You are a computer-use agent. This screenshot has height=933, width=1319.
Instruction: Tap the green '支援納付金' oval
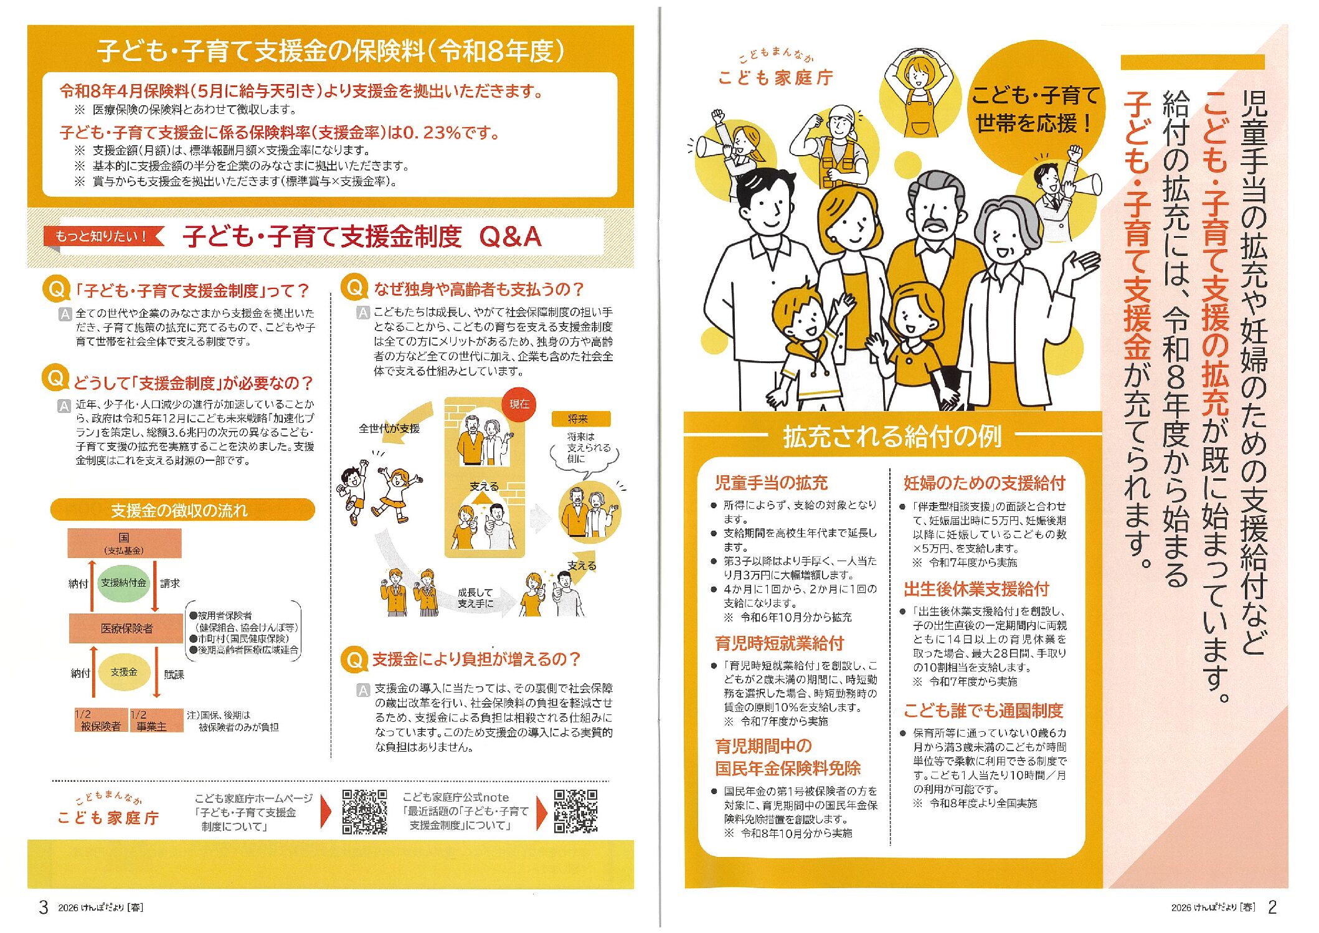124,583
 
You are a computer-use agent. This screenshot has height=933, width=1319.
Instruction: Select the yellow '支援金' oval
124,672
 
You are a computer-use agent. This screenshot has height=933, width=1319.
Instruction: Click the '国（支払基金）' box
125,543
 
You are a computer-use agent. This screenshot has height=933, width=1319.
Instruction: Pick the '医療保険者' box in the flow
126,628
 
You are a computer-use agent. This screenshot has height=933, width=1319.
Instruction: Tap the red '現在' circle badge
519,404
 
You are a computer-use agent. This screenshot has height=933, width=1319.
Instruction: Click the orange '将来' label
580,419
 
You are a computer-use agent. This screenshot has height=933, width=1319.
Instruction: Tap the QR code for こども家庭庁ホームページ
364,812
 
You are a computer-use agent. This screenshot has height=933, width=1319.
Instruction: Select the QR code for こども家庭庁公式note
575,812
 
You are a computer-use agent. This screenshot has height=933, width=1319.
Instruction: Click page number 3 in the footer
43,907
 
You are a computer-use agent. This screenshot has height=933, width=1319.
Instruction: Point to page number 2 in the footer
1272,907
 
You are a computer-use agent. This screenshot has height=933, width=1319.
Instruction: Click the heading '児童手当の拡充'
771,483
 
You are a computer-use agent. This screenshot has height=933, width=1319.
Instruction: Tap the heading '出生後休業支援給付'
976,589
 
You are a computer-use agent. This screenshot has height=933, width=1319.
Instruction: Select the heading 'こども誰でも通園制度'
983,711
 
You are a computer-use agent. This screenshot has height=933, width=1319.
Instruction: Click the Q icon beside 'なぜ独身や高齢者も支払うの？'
355,288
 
